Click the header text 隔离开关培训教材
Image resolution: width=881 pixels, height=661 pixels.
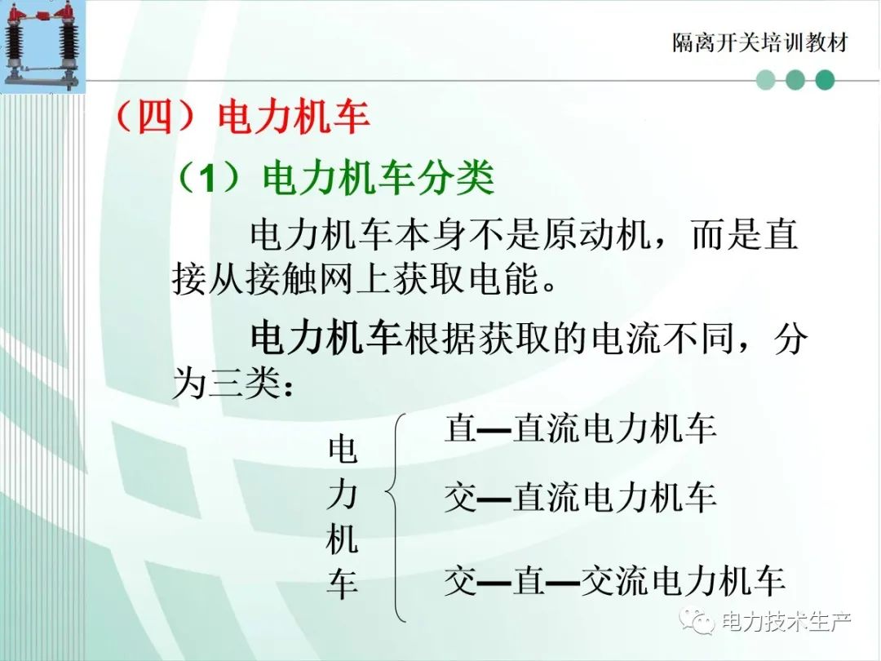click(760, 42)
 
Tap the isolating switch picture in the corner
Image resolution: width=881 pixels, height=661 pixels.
click(42, 46)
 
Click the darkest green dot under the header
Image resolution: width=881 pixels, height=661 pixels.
click(824, 80)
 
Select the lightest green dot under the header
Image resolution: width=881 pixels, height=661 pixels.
click(766, 80)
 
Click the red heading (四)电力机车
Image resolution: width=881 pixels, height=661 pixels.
click(242, 117)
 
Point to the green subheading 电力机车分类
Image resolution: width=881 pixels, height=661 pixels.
click(379, 177)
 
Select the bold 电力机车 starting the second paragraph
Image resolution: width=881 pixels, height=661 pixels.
click(325, 339)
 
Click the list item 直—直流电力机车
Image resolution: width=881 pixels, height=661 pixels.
click(581, 428)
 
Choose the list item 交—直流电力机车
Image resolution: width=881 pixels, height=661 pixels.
click(581, 498)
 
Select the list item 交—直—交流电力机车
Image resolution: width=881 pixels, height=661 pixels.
click(615, 581)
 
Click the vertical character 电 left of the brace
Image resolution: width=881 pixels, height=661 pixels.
click(342, 449)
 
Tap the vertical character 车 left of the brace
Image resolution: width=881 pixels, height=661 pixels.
click(342, 584)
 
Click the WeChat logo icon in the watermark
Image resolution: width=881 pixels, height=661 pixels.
click(697, 621)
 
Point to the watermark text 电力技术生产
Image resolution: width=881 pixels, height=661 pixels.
click(786, 622)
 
